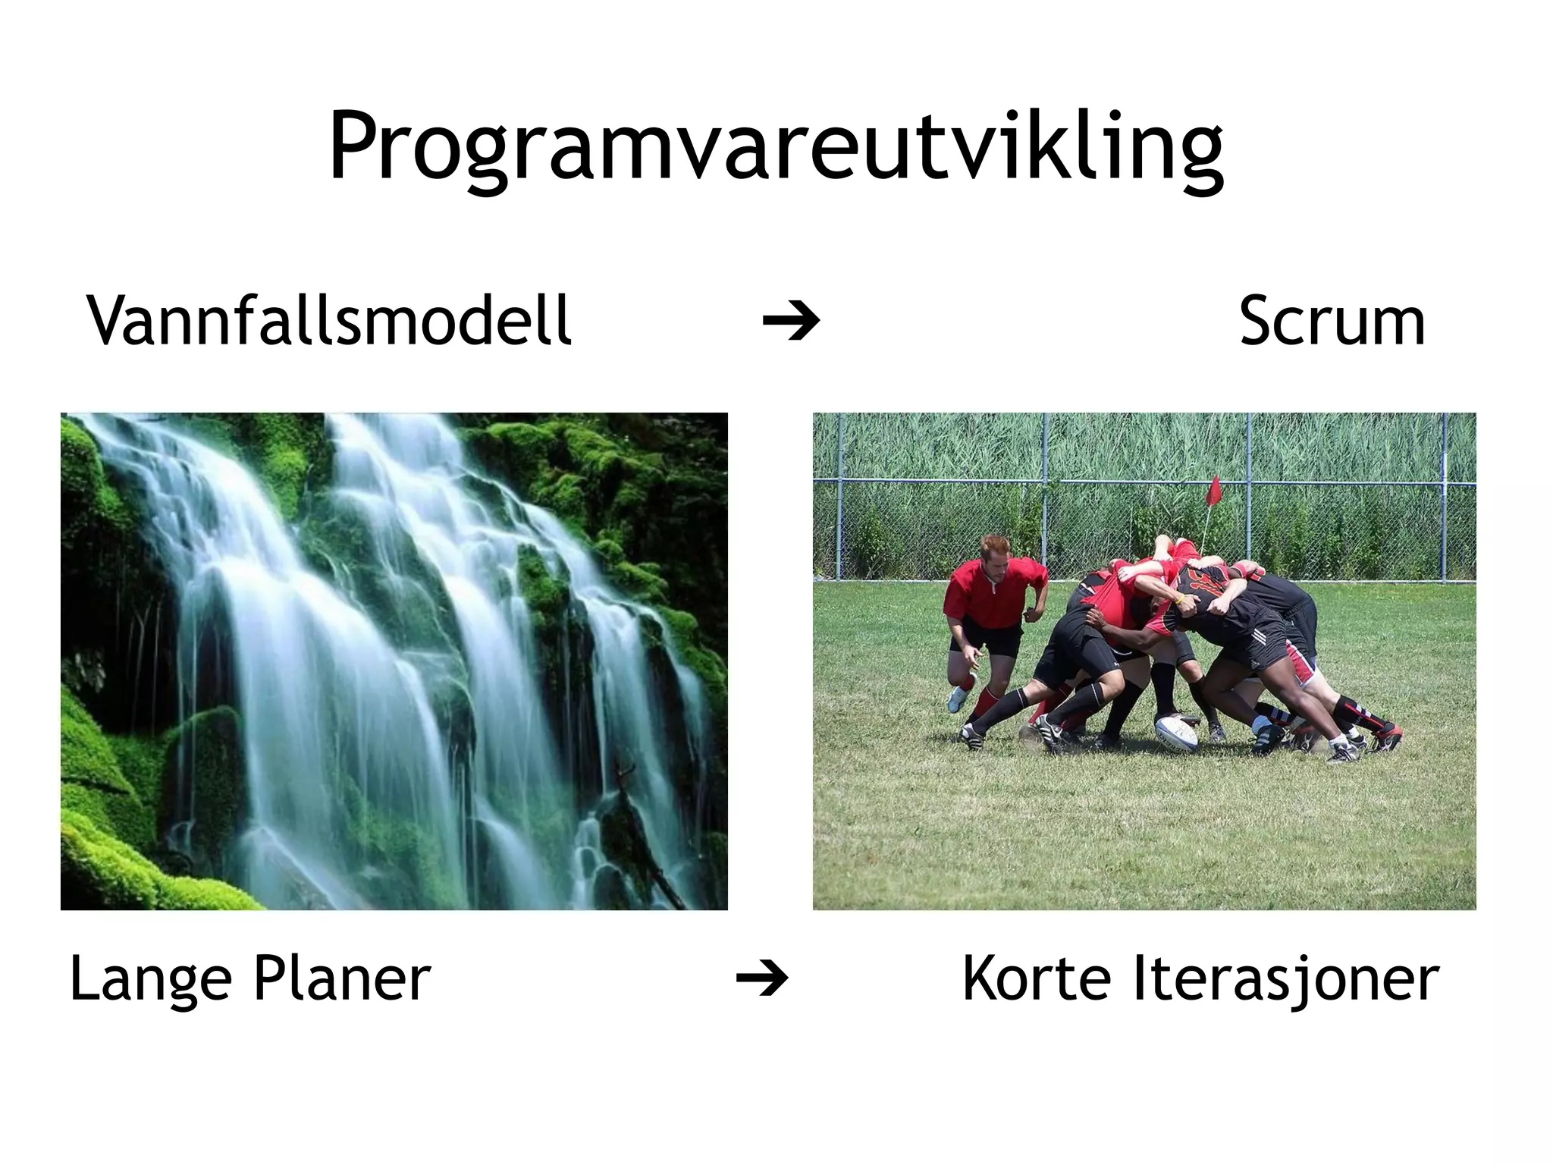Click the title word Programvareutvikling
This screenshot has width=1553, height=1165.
pos(775,148)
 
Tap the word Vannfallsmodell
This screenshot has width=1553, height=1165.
pos(329,320)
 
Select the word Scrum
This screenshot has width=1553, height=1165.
pos(1332,320)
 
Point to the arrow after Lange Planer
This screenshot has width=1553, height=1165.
pos(762,979)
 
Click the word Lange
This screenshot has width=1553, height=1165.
pos(150,979)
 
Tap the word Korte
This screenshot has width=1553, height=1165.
pos(1037,979)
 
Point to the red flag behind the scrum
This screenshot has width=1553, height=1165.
pos(1213,491)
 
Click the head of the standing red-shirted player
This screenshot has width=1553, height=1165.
pos(994,556)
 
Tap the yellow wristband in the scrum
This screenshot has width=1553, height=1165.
pos(1178,599)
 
